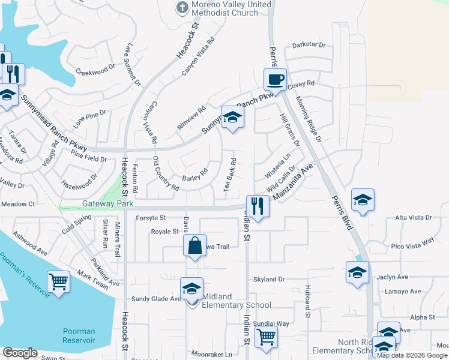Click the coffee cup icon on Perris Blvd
[x=276, y=79]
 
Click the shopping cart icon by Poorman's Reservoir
[x=58, y=281]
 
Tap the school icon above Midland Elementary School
[x=191, y=288]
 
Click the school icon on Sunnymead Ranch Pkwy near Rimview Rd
[x=232, y=117]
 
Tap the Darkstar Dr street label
[x=309, y=45]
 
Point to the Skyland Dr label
[x=268, y=280]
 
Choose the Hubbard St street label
[x=307, y=301]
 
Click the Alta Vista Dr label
[x=414, y=218]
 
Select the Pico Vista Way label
[x=412, y=243]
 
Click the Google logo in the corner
[x=20, y=353]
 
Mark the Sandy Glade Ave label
[x=156, y=299]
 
